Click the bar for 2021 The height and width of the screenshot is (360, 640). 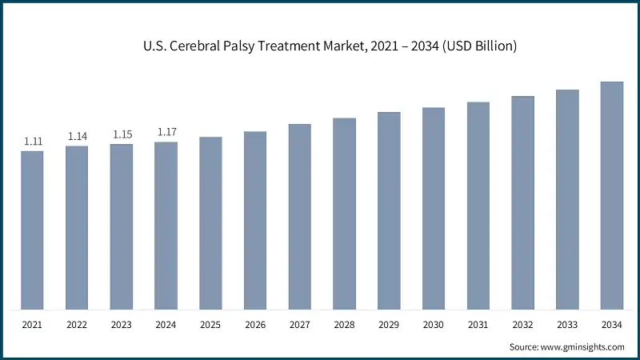tap(33, 230)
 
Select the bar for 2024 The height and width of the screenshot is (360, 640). tap(166, 226)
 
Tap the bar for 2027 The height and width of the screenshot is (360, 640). tap(300, 217)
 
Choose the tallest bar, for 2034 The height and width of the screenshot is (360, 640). tap(612, 195)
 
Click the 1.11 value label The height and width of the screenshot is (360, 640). tap(33, 142)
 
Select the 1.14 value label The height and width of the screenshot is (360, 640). tap(78, 137)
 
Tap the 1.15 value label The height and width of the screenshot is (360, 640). tap(122, 134)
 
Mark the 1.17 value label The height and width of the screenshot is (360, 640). tap(166, 132)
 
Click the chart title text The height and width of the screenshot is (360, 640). tap(320, 46)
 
